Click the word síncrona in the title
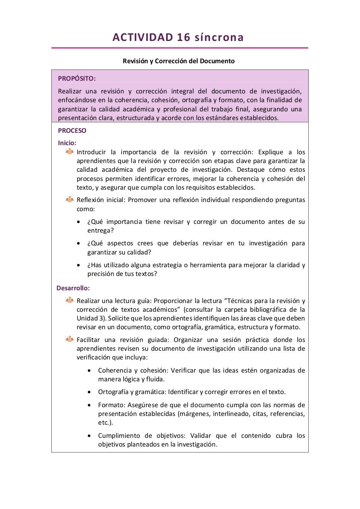pyautogui.click(x=219, y=37)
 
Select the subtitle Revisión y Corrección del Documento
pyautogui.click(x=178, y=61)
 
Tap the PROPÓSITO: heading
pyautogui.click(x=77, y=79)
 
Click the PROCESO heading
pyautogui.click(x=72, y=131)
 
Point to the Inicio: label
pyautogui.click(x=67, y=143)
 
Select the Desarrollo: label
pyautogui.click(x=73, y=288)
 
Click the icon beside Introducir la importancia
pyautogui.click(x=70, y=152)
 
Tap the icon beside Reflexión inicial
pyautogui.click(x=70, y=200)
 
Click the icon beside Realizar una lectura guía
pyautogui.click(x=70, y=300)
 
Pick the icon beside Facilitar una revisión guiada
pyautogui.click(x=70, y=339)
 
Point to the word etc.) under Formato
pyautogui.click(x=105, y=423)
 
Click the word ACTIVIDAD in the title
pyautogui.click(x=142, y=37)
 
